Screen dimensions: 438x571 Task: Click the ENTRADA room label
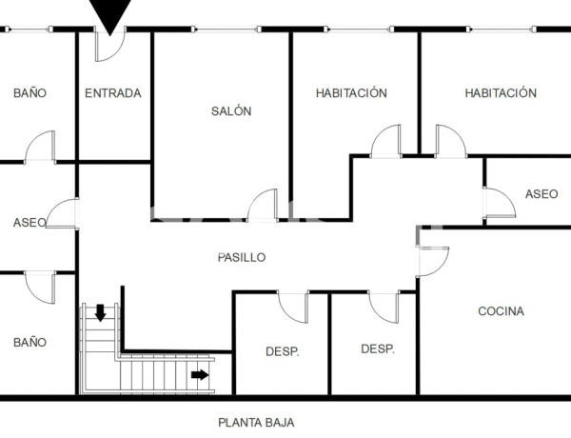113,93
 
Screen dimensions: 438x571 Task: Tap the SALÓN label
231,111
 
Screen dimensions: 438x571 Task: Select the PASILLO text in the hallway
242,257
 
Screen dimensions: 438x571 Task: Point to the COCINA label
501,311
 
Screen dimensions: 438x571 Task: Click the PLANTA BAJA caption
249,422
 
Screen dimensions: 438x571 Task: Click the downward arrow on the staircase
100,312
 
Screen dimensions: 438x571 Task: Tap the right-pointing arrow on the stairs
199,374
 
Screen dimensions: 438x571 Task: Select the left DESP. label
282,351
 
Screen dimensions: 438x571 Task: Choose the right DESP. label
377,349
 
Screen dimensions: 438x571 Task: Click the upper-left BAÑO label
30,93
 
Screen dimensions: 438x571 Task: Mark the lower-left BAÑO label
30,342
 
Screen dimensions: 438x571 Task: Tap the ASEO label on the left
30,223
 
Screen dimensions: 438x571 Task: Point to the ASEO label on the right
541,194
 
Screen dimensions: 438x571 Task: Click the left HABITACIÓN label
351,93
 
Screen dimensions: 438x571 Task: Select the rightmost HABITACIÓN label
501,93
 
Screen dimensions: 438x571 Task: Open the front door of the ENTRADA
108,46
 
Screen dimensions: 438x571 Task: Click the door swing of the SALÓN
262,206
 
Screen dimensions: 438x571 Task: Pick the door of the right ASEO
498,203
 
